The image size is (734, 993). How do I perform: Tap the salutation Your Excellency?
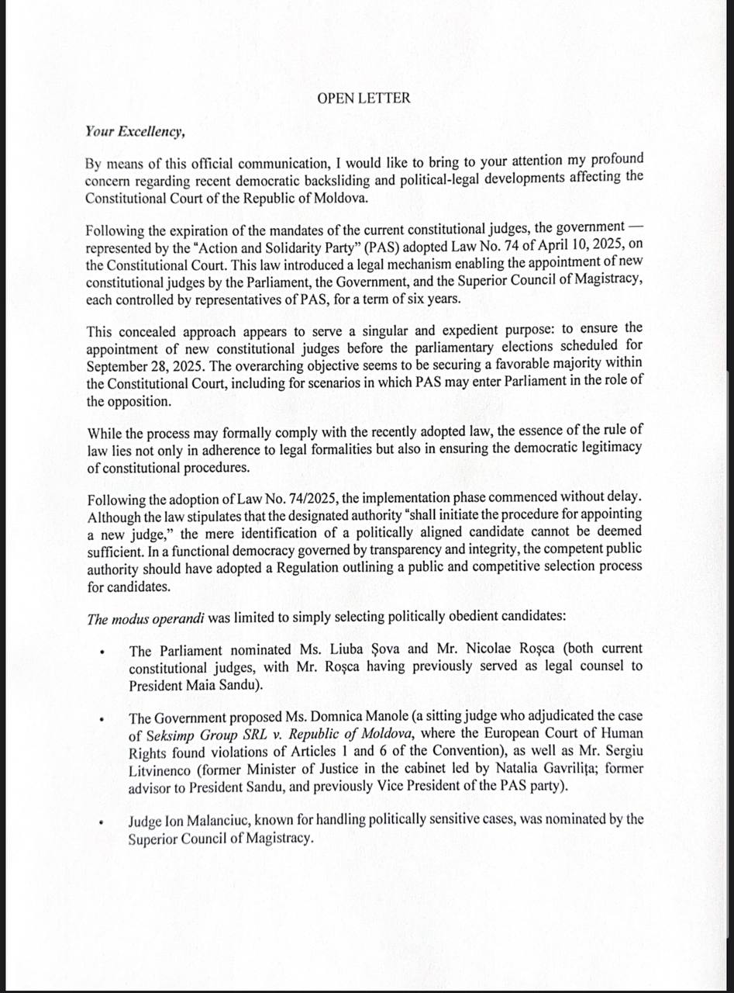pos(135,131)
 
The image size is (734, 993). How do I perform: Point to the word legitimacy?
pos(602,449)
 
